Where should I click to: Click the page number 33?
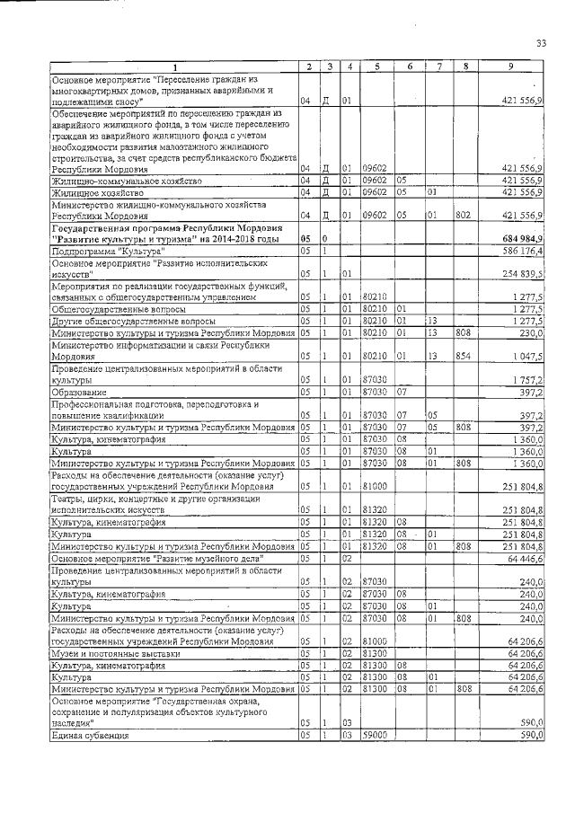tap(541, 43)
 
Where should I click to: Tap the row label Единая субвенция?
tap(90, 735)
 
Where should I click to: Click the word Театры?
tap(69, 498)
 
